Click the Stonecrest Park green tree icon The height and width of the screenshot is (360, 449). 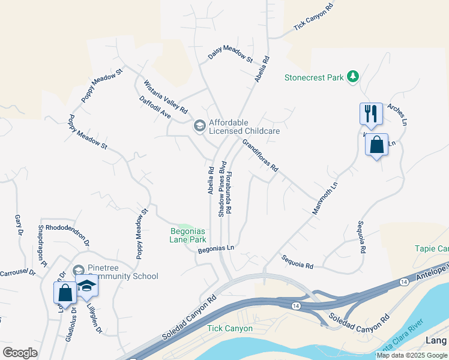coord(354,77)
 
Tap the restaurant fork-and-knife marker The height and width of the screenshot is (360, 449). coord(371,113)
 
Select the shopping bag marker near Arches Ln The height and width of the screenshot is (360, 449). coord(376,145)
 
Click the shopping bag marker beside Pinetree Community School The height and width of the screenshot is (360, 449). coord(65,292)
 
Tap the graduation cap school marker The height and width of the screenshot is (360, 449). coord(87,286)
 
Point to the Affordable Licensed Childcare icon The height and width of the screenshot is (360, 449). coord(199,126)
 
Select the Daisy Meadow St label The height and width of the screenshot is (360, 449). coord(230,56)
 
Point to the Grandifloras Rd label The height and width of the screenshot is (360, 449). coord(261,156)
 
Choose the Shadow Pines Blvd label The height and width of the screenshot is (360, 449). coord(221,188)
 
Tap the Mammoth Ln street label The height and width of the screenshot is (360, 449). coord(325,198)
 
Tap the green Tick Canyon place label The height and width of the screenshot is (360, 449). coord(230,328)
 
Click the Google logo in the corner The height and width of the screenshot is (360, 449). coord(20,353)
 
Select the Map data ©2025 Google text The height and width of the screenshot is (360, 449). coord(412,355)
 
